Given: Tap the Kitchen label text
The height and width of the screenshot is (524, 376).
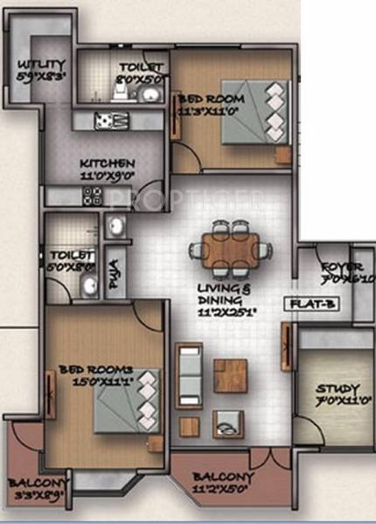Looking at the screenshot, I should click(107, 169).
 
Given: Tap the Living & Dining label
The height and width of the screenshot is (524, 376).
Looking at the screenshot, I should click(232, 298).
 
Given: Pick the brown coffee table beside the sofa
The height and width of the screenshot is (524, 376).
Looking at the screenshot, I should click(230, 376).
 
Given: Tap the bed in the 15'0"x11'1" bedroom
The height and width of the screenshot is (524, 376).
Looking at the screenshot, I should click(122, 402).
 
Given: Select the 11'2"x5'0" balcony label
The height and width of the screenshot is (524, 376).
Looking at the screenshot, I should click(224, 483).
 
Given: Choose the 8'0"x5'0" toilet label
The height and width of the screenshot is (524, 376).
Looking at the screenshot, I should click(140, 72).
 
